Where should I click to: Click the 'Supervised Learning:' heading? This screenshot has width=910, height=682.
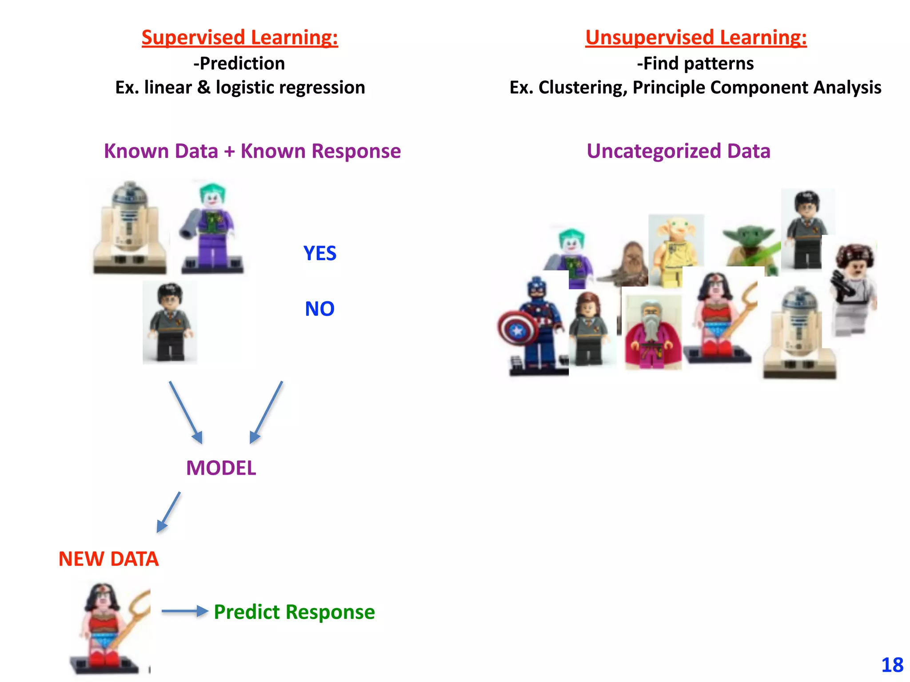coord(239,37)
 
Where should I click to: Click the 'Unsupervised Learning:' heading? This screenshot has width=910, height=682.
coord(695,37)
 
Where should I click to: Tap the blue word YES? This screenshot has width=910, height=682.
coord(319,254)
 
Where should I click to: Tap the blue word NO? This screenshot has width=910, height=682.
coord(319,309)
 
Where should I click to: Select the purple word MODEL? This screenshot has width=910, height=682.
coord(221,468)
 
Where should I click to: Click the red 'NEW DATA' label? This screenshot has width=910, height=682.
coord(108,559)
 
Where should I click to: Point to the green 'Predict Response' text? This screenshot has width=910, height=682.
coord(294,612)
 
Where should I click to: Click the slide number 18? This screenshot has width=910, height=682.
coord(892,665)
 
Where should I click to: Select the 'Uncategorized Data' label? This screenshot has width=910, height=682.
coord(678,151)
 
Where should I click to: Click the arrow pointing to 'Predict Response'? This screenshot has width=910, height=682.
coord(184,611)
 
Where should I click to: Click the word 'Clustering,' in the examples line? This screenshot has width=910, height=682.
coord(583,87)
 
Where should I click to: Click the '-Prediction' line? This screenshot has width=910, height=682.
coord(239,63)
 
